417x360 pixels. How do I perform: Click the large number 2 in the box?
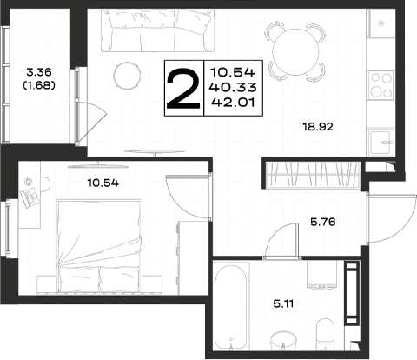(183, 89)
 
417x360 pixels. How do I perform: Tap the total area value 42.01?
(234, 102)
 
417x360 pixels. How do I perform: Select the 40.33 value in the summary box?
(234, 87)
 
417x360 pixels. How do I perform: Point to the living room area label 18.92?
(318, 127)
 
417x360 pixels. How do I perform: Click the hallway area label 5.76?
(323, 222)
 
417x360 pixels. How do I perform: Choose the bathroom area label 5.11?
(283, 303)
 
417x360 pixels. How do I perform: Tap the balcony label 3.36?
(39, 71)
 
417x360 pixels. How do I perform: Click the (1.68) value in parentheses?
(39, 85)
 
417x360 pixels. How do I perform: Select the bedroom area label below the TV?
(103, 183)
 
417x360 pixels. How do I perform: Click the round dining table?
(295, 52)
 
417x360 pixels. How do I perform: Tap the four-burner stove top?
(381, 85)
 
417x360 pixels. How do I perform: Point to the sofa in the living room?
(158, 30)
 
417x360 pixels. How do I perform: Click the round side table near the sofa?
(127, 76)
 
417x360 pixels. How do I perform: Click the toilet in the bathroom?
(326, 335)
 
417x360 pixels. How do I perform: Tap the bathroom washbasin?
(283, 341)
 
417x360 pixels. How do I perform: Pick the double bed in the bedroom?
(100, 246)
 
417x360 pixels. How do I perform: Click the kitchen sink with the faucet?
(381, 142)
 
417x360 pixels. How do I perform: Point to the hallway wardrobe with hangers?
(314, 175)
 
